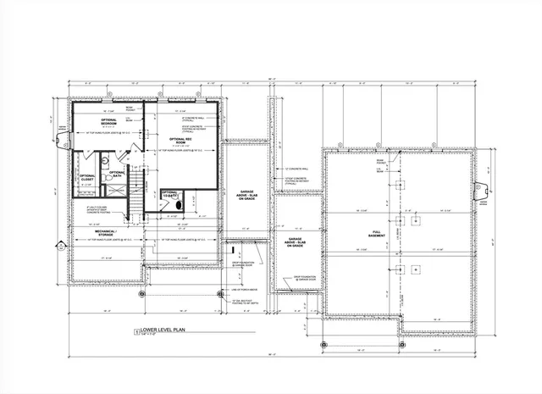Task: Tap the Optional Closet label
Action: tap(88, 178)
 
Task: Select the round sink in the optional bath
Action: tap(105, 158)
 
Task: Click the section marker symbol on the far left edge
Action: tap(59, 247)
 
